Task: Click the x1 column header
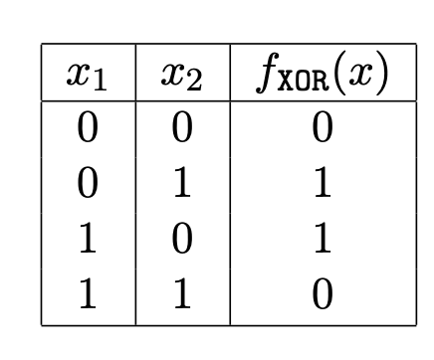[89, 76]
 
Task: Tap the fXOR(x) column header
[321, 76]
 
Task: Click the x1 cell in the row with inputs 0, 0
[89, 129]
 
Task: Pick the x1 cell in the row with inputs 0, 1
[89, 184]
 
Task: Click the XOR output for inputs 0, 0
[321, 129]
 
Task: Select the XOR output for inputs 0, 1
[321, 184]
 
